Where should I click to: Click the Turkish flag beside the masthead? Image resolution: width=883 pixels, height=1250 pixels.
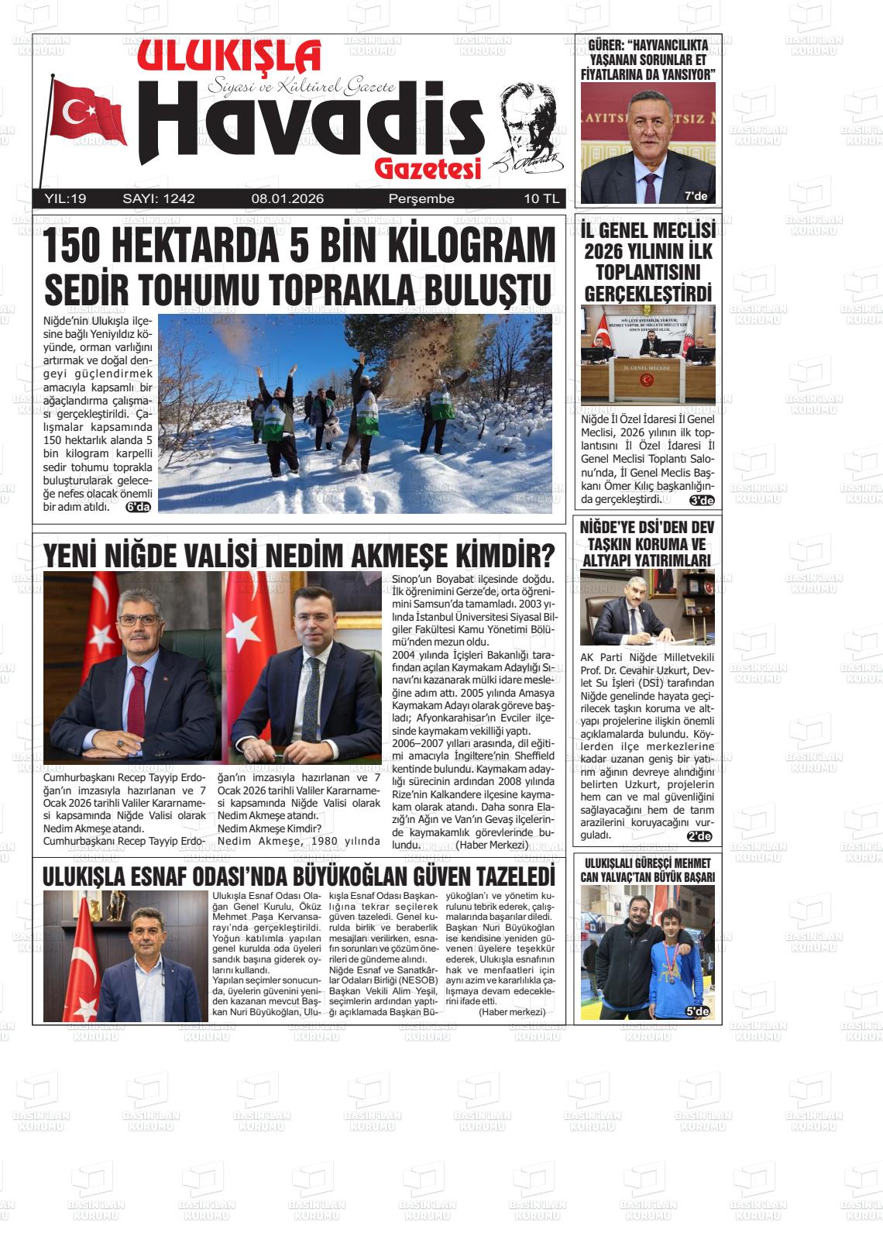point(87,113)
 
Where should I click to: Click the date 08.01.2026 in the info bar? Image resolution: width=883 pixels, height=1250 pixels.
point(287,199)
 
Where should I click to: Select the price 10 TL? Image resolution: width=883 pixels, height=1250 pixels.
point(541,199)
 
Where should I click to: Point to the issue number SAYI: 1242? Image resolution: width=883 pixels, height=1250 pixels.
point(159,199)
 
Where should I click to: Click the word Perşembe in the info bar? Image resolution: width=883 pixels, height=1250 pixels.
point(421,199)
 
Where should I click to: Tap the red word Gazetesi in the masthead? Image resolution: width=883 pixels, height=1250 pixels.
point(428,167)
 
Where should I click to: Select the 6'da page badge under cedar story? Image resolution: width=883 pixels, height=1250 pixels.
point(139,507)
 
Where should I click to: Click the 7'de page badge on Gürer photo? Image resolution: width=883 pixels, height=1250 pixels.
point(696,196)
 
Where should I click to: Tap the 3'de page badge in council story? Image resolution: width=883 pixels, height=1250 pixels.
point(701,500)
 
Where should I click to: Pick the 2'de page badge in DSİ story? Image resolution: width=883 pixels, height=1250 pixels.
point(699,835)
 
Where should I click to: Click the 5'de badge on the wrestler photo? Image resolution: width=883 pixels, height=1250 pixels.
point(697,1011)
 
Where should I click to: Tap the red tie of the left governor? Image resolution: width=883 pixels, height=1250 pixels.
point(137,697)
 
